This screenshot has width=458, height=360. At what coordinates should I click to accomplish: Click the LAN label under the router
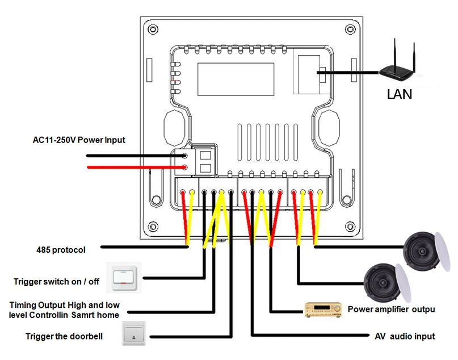400,94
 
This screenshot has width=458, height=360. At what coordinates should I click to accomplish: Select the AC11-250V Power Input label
79,140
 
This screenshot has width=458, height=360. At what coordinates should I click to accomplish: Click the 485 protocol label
61,249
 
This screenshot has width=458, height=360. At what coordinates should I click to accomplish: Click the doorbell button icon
133,335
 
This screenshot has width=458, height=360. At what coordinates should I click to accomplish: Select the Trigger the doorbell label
64,336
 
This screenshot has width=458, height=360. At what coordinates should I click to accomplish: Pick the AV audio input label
405,336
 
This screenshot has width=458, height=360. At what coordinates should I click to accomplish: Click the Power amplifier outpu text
391,309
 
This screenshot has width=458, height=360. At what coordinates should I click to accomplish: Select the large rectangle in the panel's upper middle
236,78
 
